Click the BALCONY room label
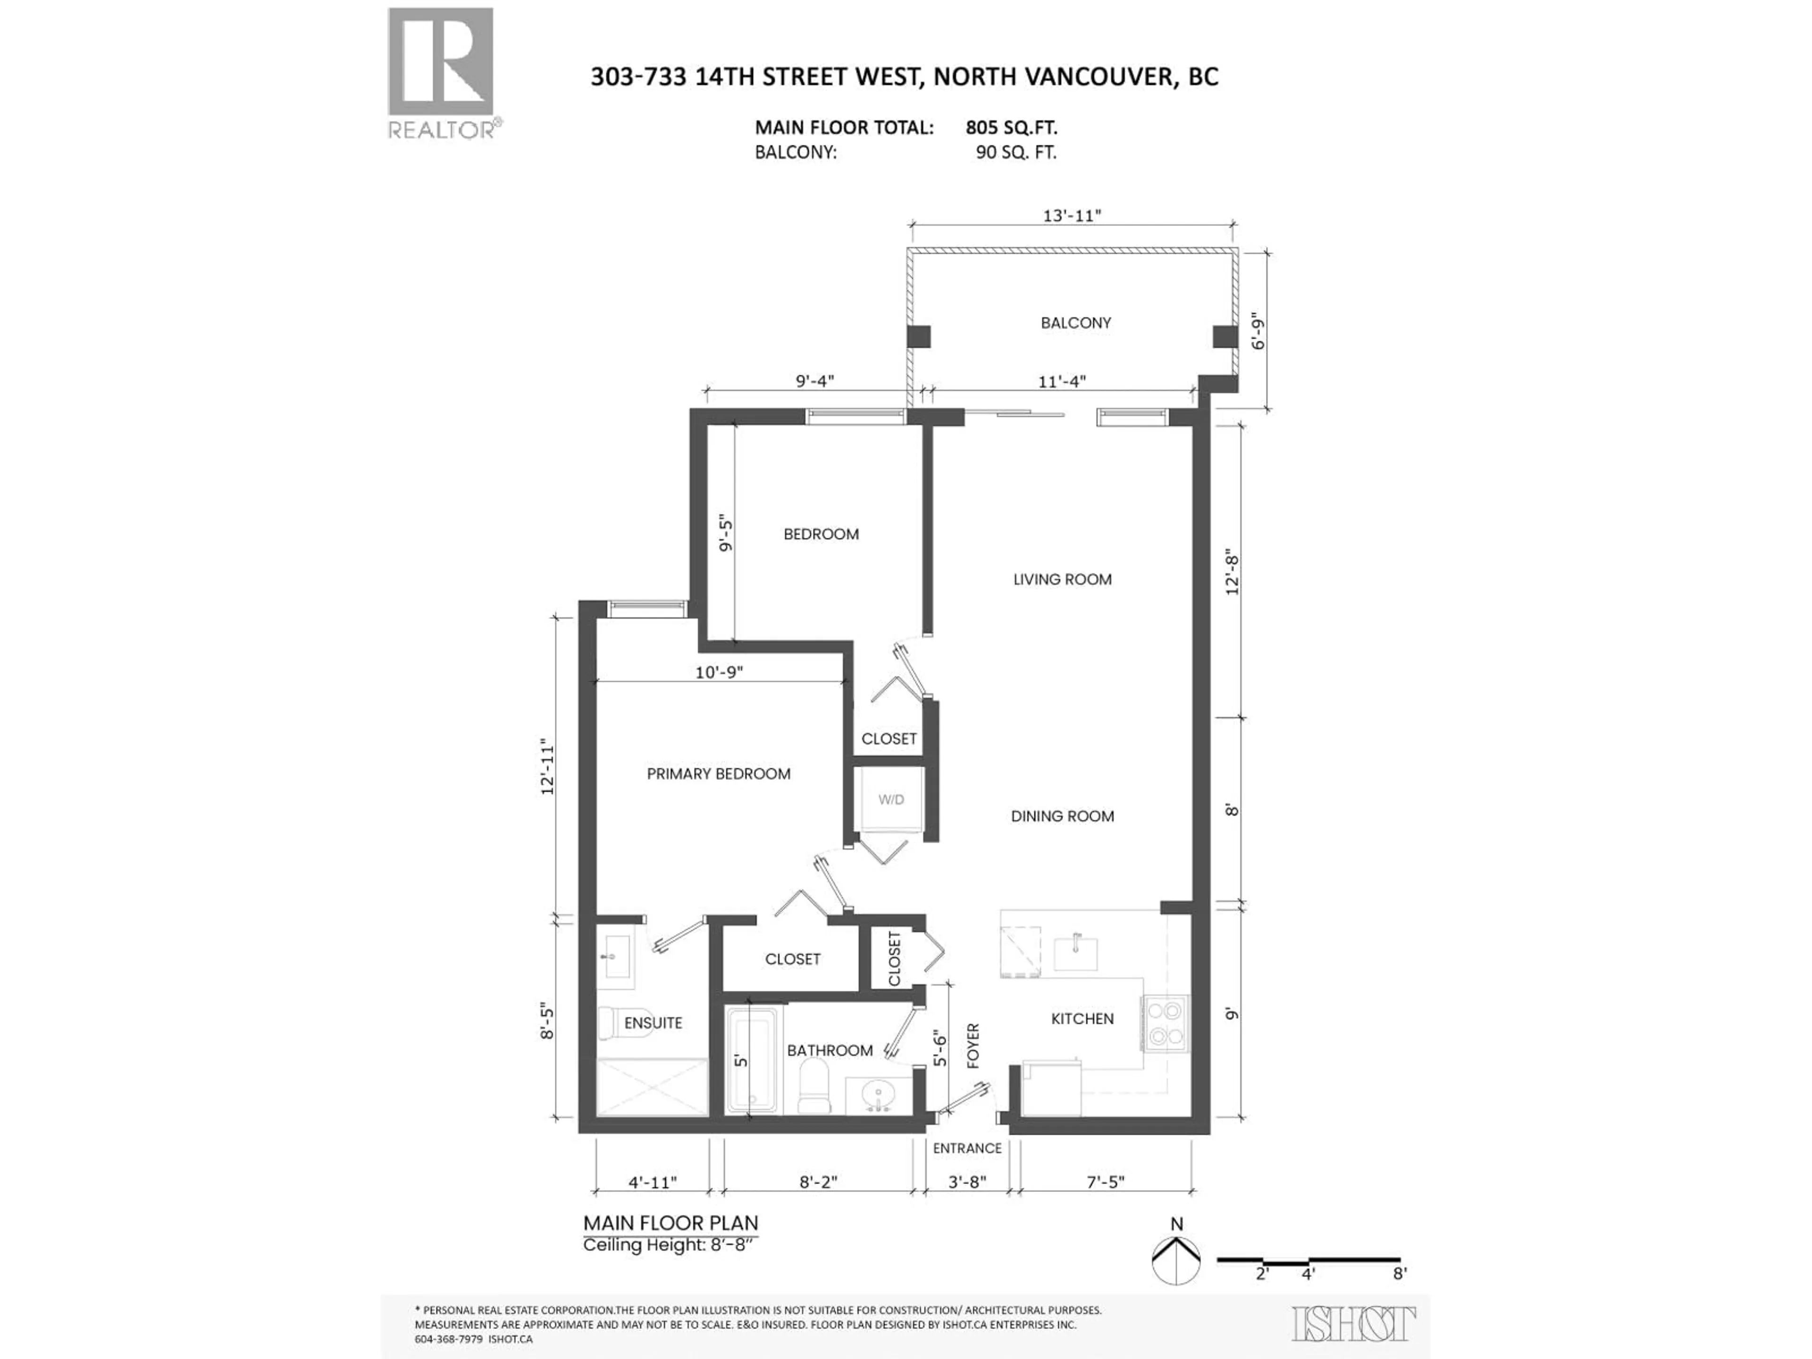(x=1075, y=323)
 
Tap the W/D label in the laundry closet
(x=891, y=799)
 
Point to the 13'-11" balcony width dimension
(x=1072, y=216)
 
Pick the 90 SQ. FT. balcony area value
(x=1016, y=152)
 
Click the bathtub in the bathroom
(x=753, y=1060)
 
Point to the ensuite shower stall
(x=652, y=1087)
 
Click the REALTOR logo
(x=441, y=74)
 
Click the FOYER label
(x=973, y=1046)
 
